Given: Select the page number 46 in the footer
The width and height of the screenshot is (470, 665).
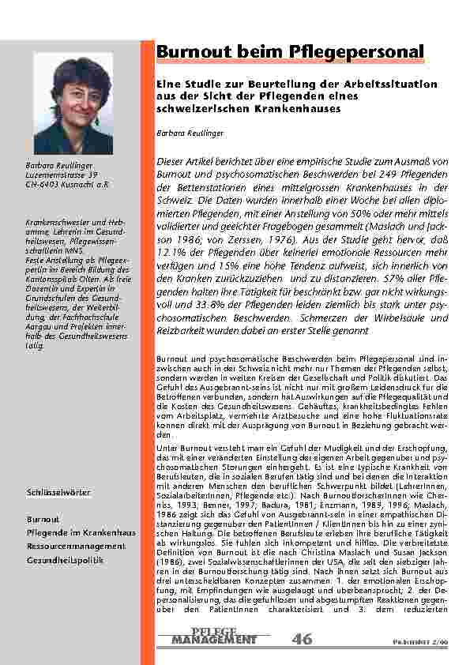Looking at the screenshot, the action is (x=302, y=638).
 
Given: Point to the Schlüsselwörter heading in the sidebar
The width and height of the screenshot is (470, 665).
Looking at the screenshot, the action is (x=58, y=492).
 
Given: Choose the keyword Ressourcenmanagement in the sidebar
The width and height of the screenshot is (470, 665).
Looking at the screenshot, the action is (x=76, y=546).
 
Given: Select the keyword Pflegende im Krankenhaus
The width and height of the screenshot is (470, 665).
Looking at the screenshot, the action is (x=81, y=533).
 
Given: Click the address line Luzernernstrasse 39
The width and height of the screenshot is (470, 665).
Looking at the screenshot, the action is (x=62, y=174).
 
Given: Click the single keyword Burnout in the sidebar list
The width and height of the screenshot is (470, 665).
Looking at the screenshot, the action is (x=43, y=520).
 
